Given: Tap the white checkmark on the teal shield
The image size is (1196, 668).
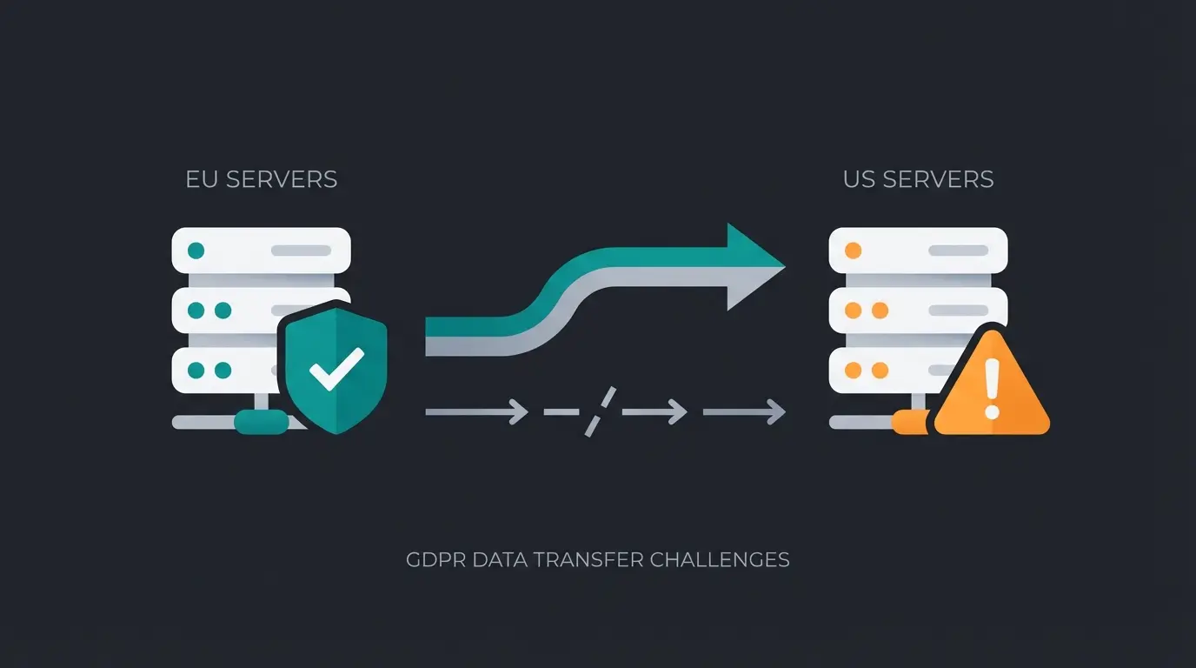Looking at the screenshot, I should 336,369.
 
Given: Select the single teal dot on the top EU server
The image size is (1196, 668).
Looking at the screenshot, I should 196,250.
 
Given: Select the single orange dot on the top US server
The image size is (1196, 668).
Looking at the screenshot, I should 853,250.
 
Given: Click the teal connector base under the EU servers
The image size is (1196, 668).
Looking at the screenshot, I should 261,423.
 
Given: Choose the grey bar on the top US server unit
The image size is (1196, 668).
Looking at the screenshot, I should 958,250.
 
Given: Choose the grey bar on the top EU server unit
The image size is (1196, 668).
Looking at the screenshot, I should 301,250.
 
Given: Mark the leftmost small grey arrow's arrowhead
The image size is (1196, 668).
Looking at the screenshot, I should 518,411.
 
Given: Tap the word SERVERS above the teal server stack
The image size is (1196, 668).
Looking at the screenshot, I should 281,180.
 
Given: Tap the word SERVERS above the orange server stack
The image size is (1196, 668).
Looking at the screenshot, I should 938,180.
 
